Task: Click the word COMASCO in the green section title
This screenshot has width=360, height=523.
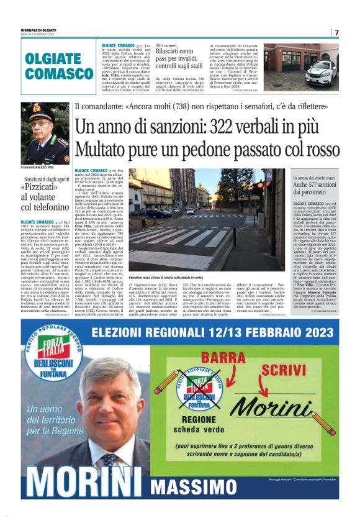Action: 60,73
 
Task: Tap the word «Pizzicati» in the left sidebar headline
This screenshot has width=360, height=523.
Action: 43,188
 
